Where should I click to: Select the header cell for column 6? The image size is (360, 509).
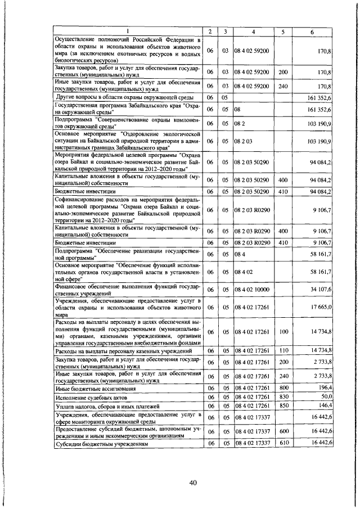click(312, 31)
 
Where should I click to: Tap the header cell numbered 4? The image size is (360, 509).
click(254, 31)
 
